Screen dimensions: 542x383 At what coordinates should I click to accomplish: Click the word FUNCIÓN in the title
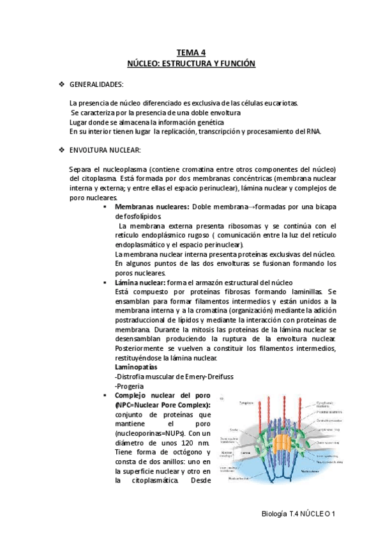tap(233, 64)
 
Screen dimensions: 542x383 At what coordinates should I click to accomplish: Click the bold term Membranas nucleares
tap(152, 207)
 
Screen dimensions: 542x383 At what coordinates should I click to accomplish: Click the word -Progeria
tap(130, 387)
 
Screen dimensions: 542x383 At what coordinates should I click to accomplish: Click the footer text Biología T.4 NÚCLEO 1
tap(298, 514)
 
